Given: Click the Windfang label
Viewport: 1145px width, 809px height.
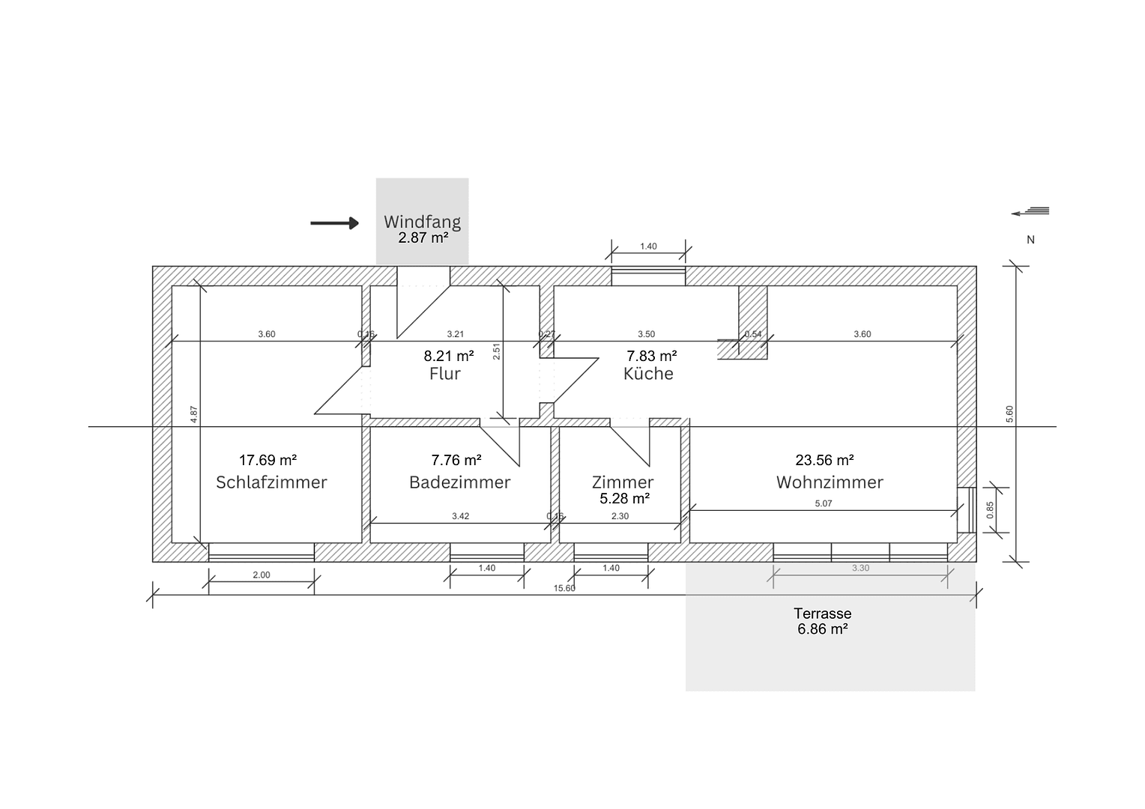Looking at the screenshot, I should pyautogui.click(x=422, y=222).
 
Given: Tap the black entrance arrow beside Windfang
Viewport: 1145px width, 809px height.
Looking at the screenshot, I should pyautogui.click(x=335, y=223).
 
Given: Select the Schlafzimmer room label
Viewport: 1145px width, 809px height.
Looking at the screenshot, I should pyautogui.click(x=271, y=482).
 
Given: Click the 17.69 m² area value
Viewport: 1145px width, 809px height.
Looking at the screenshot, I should pyautogui.click(x=268, y=460).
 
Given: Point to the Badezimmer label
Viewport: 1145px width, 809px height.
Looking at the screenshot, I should pyautogui.click(x=459, y=482).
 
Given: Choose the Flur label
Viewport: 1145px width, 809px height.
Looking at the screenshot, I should pyautogui.click(x=444, y=374).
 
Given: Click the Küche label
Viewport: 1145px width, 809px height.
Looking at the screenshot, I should pyautogui.click(x=648, y=374).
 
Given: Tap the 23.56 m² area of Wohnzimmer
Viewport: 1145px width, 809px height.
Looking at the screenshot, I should pyautogui.click(x=824, y=460).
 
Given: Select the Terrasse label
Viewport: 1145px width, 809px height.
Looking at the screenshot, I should pyautogui.click(x=824, y=613).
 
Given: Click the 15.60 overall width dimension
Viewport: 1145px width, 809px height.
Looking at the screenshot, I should pyautogui.click(x=564, y=588).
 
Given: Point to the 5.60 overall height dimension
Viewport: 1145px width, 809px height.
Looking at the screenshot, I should pyautogui.click(x=1009, y=413).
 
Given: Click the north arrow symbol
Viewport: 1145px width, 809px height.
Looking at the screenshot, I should pyautogui.click(x=1030, y=212).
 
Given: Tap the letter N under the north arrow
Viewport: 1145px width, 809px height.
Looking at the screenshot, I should pyautogui.click(x=1030, y=240).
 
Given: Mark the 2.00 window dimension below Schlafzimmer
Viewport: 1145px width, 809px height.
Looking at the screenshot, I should pyautogui.click(x=261, y=575).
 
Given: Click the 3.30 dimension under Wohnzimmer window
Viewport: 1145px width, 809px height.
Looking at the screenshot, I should pyautogui.click(x=860, y=569).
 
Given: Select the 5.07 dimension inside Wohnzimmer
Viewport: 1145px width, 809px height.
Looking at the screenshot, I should pyautogui.click(x=823, y=503).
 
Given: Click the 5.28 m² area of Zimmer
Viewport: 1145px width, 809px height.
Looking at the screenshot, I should pyautogui.click(x=624, y=498).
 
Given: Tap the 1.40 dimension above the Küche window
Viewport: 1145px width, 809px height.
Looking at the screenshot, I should pyautogui.click(x=648, y=246).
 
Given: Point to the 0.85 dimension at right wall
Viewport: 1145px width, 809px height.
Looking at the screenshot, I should pyautogui.click(x=990, y=510).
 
